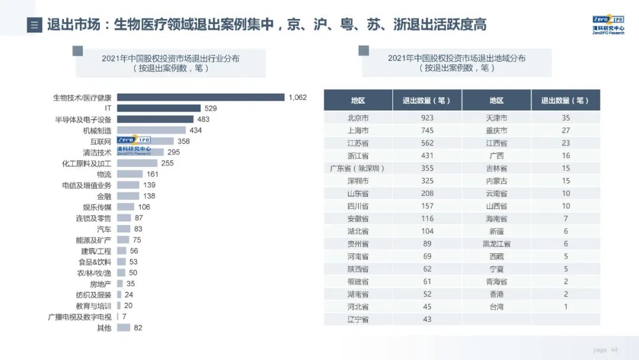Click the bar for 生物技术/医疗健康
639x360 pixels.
pos(201,97)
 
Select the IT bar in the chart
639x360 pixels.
pos(159,108)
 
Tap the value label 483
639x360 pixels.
pos(204,119)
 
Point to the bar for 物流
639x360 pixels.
pos(130,174)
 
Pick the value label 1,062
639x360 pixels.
pos(298,97)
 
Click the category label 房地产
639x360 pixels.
pos(100,284)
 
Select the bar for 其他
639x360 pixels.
pos(123,327)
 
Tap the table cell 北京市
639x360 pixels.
pos(358,118)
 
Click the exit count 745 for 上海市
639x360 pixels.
pos(427,130)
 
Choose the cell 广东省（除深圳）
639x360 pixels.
pos(358,168)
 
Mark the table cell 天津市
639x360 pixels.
pos(496,118)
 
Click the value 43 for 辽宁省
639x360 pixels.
pos(427,319)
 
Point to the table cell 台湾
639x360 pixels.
pos(496,307)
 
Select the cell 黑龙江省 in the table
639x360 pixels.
pos(496,244)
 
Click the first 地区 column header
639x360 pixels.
pos(358,101)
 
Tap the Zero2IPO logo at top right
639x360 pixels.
pos(608,24)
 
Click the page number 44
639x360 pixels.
pos(614,350)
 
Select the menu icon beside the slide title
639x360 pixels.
pos(34,25)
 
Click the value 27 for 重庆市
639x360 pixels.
pos(566,130)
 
